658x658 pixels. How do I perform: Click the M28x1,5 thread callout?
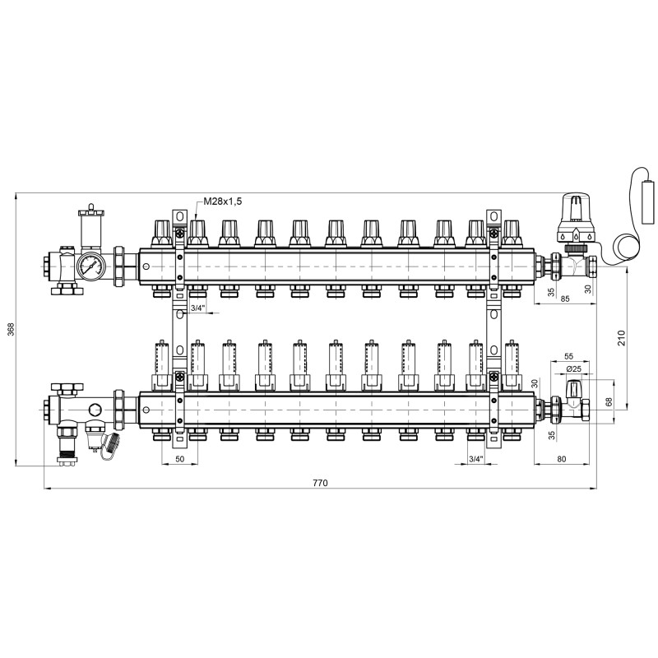coord(222,202)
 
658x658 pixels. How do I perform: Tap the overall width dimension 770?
coord(320,483)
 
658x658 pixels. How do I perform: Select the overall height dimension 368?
coord(11,329)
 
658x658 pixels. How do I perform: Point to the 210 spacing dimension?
coord(622,338)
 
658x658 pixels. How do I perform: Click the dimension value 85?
coord(565,299)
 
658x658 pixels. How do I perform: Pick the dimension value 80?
coord(562,459)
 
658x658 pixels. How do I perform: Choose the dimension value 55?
coord(568,356)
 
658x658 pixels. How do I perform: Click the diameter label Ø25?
coord(573,369)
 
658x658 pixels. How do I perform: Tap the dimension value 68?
coord(609,401)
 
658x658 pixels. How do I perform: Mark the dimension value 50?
coord(179,459)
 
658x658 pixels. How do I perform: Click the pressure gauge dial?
coord(91,266)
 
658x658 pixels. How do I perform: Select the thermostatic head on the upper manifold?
coord(577,218)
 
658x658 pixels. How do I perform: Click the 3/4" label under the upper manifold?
coord(198,308)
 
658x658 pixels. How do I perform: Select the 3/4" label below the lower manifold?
coord(476,459)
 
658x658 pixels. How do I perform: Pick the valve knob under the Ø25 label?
coord(573,389)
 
